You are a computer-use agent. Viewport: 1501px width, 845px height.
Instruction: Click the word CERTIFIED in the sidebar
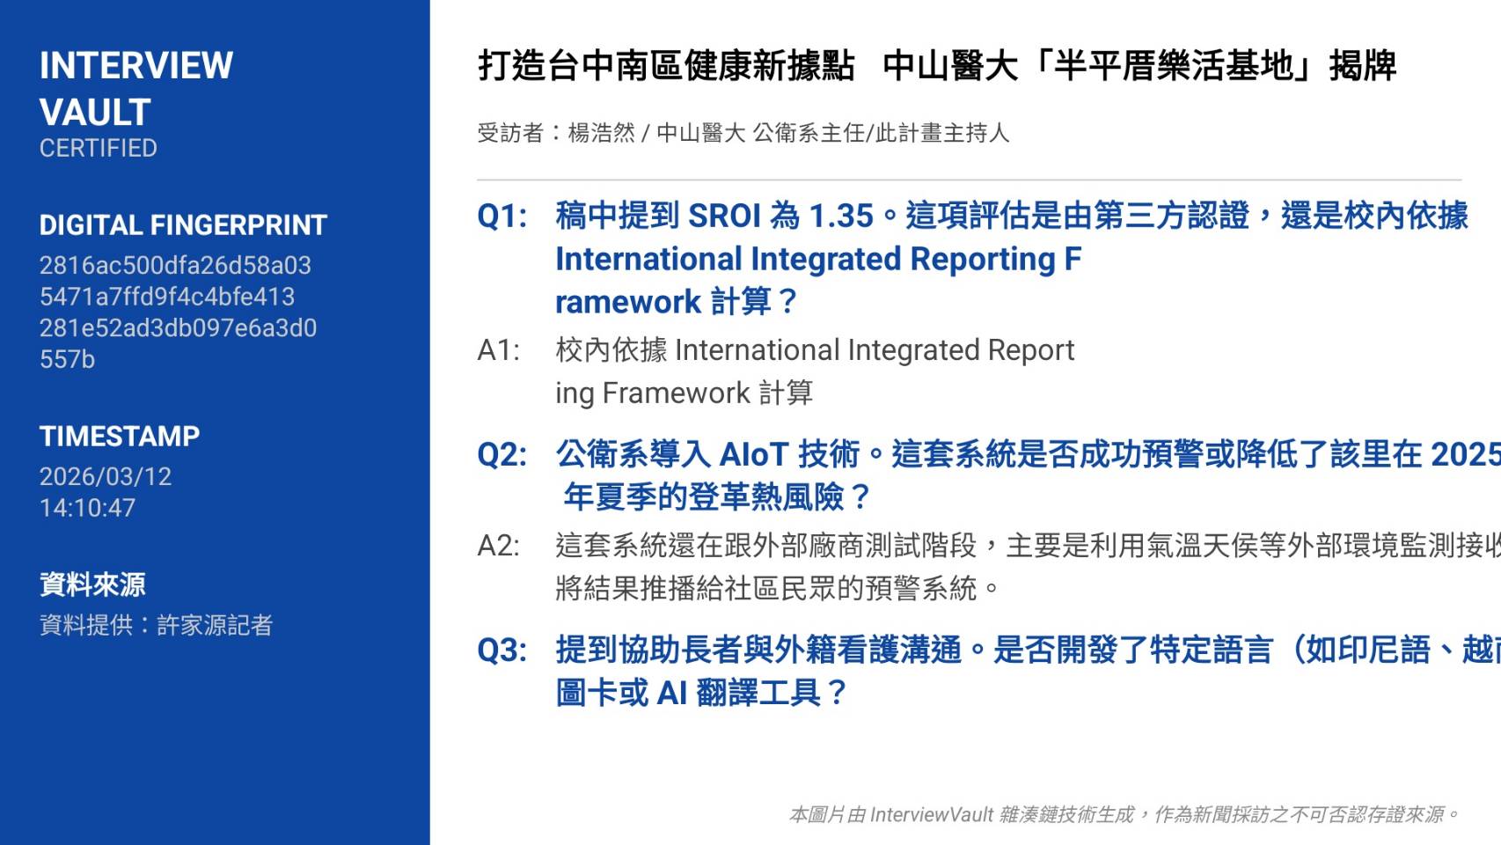click(x=99, y=148)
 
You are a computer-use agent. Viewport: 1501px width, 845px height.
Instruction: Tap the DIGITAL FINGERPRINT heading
click(x=183, y=225)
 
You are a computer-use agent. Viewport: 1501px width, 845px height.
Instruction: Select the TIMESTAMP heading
click(x=120, y=437)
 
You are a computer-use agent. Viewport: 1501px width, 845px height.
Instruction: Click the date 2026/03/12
click(x=106, y=477)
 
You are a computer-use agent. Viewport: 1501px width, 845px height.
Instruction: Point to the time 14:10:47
click(x=87, y=509)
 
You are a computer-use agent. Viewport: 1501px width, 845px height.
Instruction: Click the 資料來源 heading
click(x=92, y=584)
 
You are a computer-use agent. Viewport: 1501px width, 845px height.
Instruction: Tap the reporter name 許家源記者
click(x=215, y=625)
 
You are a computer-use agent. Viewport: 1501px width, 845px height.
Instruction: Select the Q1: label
click(x=502, y=216)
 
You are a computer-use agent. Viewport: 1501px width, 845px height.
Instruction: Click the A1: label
click(x=499, y=350)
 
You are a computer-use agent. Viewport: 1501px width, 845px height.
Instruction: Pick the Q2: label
click(x=502, y=455)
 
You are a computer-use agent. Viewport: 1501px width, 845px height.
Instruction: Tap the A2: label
click(x=499, y=546)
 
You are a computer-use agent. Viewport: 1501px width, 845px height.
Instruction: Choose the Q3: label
click(x=502, y=650)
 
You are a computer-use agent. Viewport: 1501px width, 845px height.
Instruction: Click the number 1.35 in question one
click(x=841, y=216)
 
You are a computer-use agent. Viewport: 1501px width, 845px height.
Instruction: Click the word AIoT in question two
click(x=753, y=455)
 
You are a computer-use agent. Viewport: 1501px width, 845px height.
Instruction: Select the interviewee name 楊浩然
click(x=601, y=133)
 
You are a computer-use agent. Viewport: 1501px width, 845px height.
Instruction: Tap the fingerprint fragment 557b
click(x=67, y=359)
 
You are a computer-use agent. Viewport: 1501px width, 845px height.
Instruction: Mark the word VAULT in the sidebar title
click(x=95, y=112)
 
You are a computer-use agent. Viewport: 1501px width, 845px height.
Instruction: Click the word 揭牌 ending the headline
click(x=1363, y=66)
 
